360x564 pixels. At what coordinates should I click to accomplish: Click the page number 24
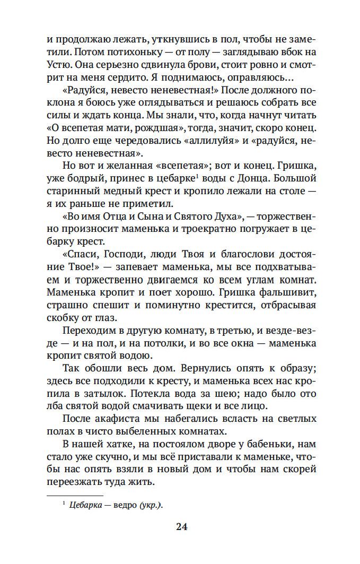coord(181,527)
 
